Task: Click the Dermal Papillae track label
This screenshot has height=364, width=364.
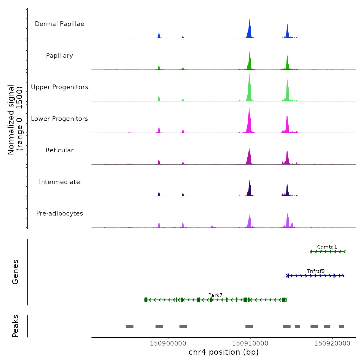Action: [60, 24]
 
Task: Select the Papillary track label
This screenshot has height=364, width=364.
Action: [60, 56]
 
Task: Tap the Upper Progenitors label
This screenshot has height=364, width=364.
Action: [60, 87]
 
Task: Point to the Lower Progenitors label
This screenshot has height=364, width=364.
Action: [60, 119]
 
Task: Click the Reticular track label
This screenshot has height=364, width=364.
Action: [60, 150]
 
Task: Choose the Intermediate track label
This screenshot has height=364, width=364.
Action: [60, 182]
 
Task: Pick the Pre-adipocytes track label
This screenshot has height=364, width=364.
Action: [60, 213]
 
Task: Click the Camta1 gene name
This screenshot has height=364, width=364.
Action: [327, 247]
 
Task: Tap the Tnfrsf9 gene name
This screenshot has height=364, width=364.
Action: [316, 271]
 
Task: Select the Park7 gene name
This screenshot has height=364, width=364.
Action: [215, 295]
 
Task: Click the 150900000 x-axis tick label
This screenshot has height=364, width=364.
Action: [168, 343]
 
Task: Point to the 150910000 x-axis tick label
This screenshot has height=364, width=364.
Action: [250, 343]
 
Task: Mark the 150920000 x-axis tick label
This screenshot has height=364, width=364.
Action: [332, 343]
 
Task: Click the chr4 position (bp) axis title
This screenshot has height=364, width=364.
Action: [224, 352]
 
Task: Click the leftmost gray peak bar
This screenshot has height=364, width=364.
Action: [129, 326]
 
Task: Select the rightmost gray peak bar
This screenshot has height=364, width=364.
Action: [341, 326]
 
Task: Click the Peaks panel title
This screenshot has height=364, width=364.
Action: [15, 326]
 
